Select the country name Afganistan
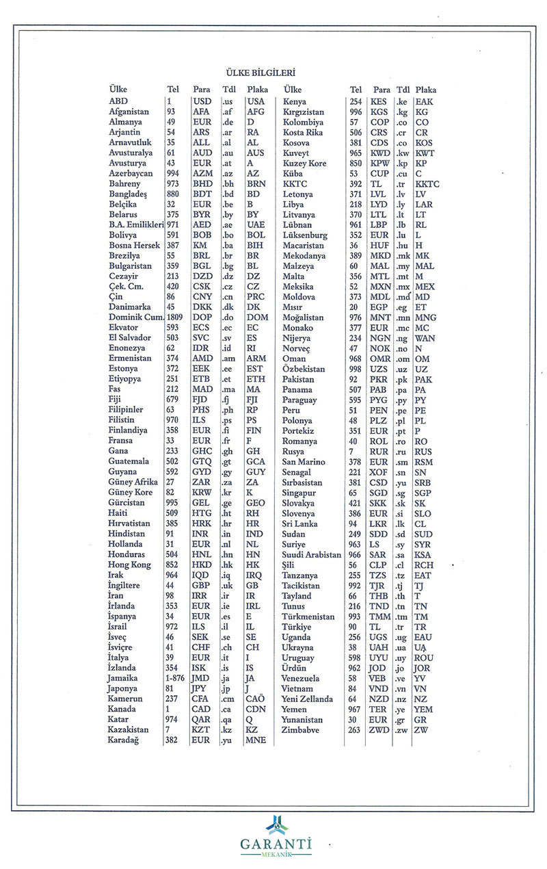click(129, 112)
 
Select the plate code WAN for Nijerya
click(425, 338)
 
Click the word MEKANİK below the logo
click(276, 855)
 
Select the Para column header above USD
click(202, 90)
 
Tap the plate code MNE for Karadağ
click(256, 740)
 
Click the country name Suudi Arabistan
click(312, 555)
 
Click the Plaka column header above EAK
click(425, 90)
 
